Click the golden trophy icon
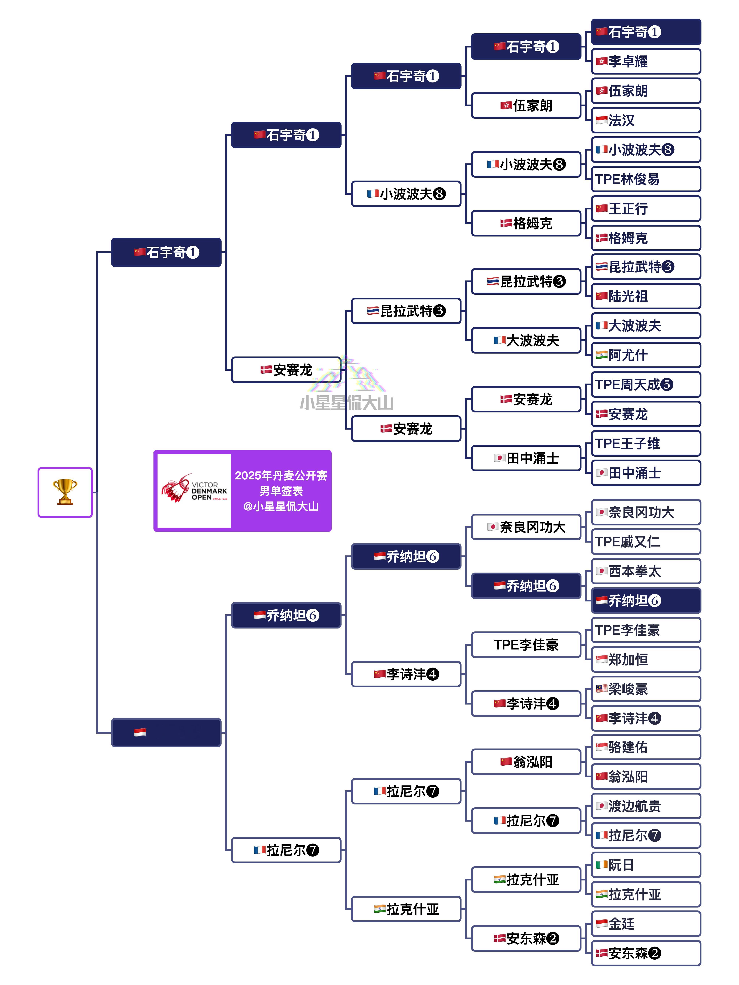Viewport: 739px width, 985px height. pyautogui.click(x=65, y=492)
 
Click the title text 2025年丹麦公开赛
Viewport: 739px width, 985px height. pyautogui.click(x=281, y=476)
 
